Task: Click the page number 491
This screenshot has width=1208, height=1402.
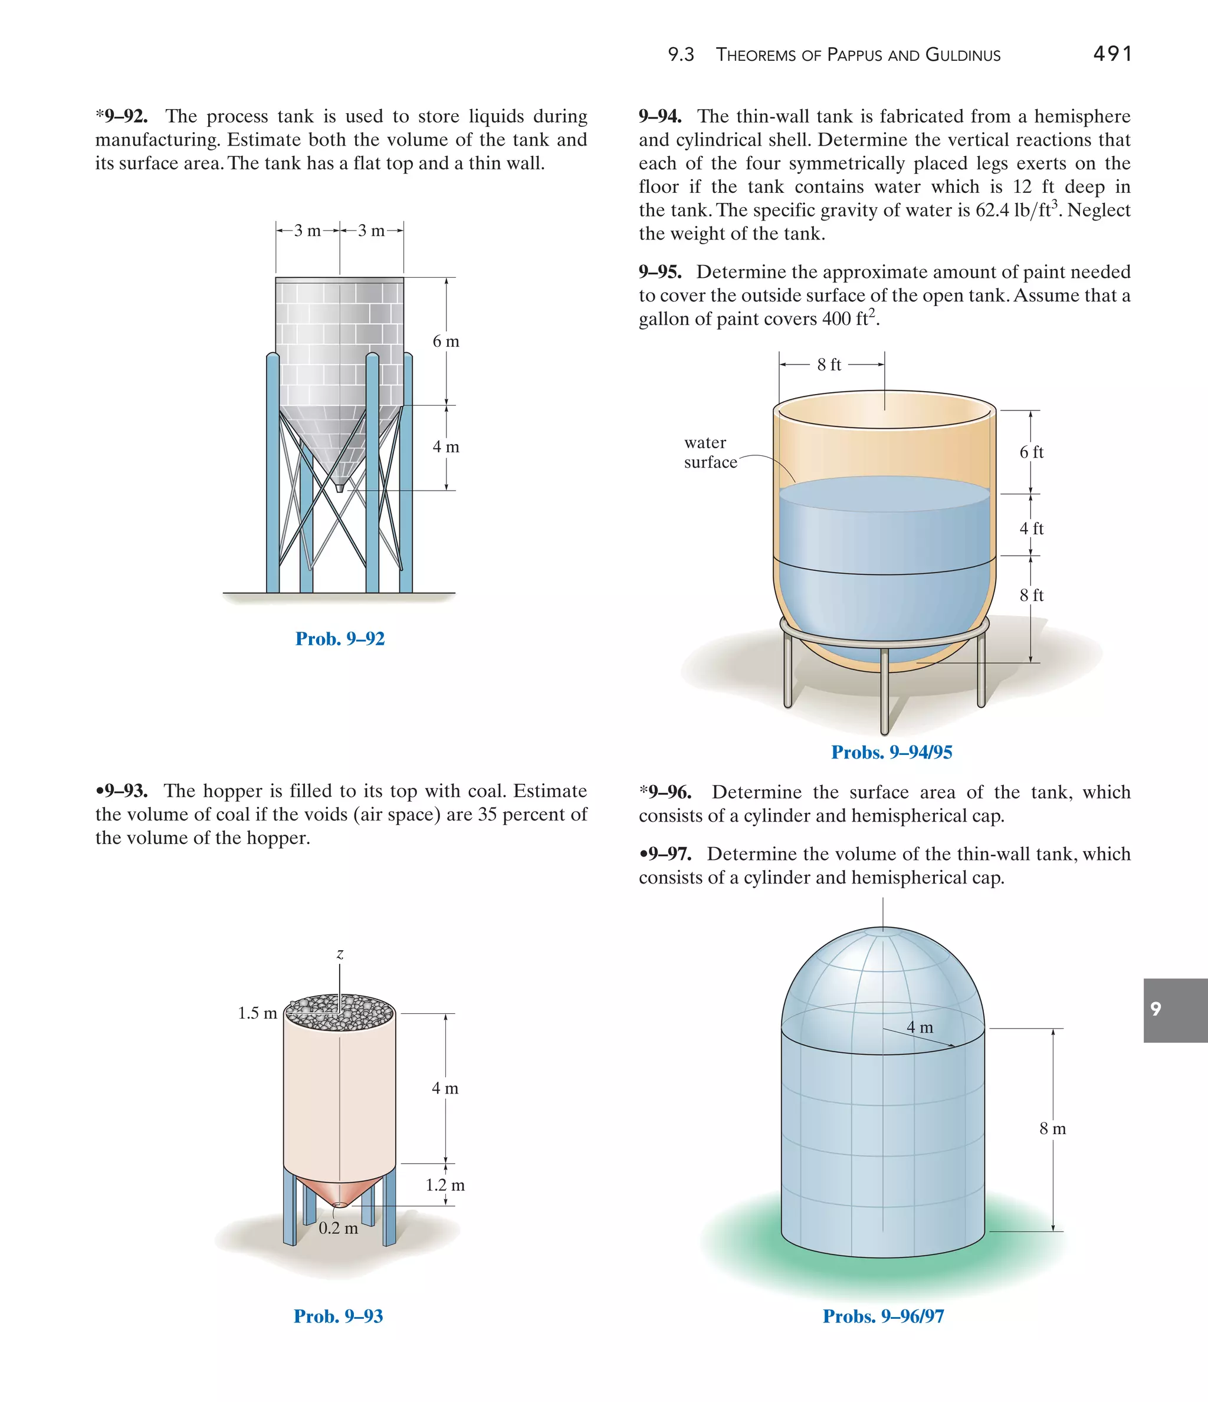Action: [x=1112, y=54]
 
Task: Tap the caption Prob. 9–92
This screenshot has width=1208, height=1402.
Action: [x=340, y=639]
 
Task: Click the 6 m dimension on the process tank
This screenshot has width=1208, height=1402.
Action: [x=445, y=342]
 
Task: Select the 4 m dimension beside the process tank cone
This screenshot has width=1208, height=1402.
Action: [x=445, y=447]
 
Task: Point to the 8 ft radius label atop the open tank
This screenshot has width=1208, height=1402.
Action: [x=829, y=365]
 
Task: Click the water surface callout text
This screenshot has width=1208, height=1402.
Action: [x=709, y=452]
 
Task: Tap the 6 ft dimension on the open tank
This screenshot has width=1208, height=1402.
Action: [x=1032, y=452]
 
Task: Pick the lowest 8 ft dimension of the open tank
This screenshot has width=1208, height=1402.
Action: [x=1032, y=596]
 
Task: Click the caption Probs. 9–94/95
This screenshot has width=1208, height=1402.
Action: [x=891, y=753]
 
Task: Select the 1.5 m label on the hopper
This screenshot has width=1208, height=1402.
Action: [x=257, y=1013]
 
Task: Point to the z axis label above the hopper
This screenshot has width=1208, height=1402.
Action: [x=340, y=954]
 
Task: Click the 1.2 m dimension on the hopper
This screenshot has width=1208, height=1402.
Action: [x=445, y=1185]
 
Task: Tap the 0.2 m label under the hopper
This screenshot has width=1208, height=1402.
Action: [x=339, y=1228]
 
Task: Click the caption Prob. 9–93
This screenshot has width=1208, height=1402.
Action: [x=339, y=1316]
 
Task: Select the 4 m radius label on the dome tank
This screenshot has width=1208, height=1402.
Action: [x=920, y=1027]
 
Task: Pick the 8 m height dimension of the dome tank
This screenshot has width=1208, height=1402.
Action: [x=1052, y=1129]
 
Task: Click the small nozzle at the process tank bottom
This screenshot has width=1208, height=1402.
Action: [x=340, y=487]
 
